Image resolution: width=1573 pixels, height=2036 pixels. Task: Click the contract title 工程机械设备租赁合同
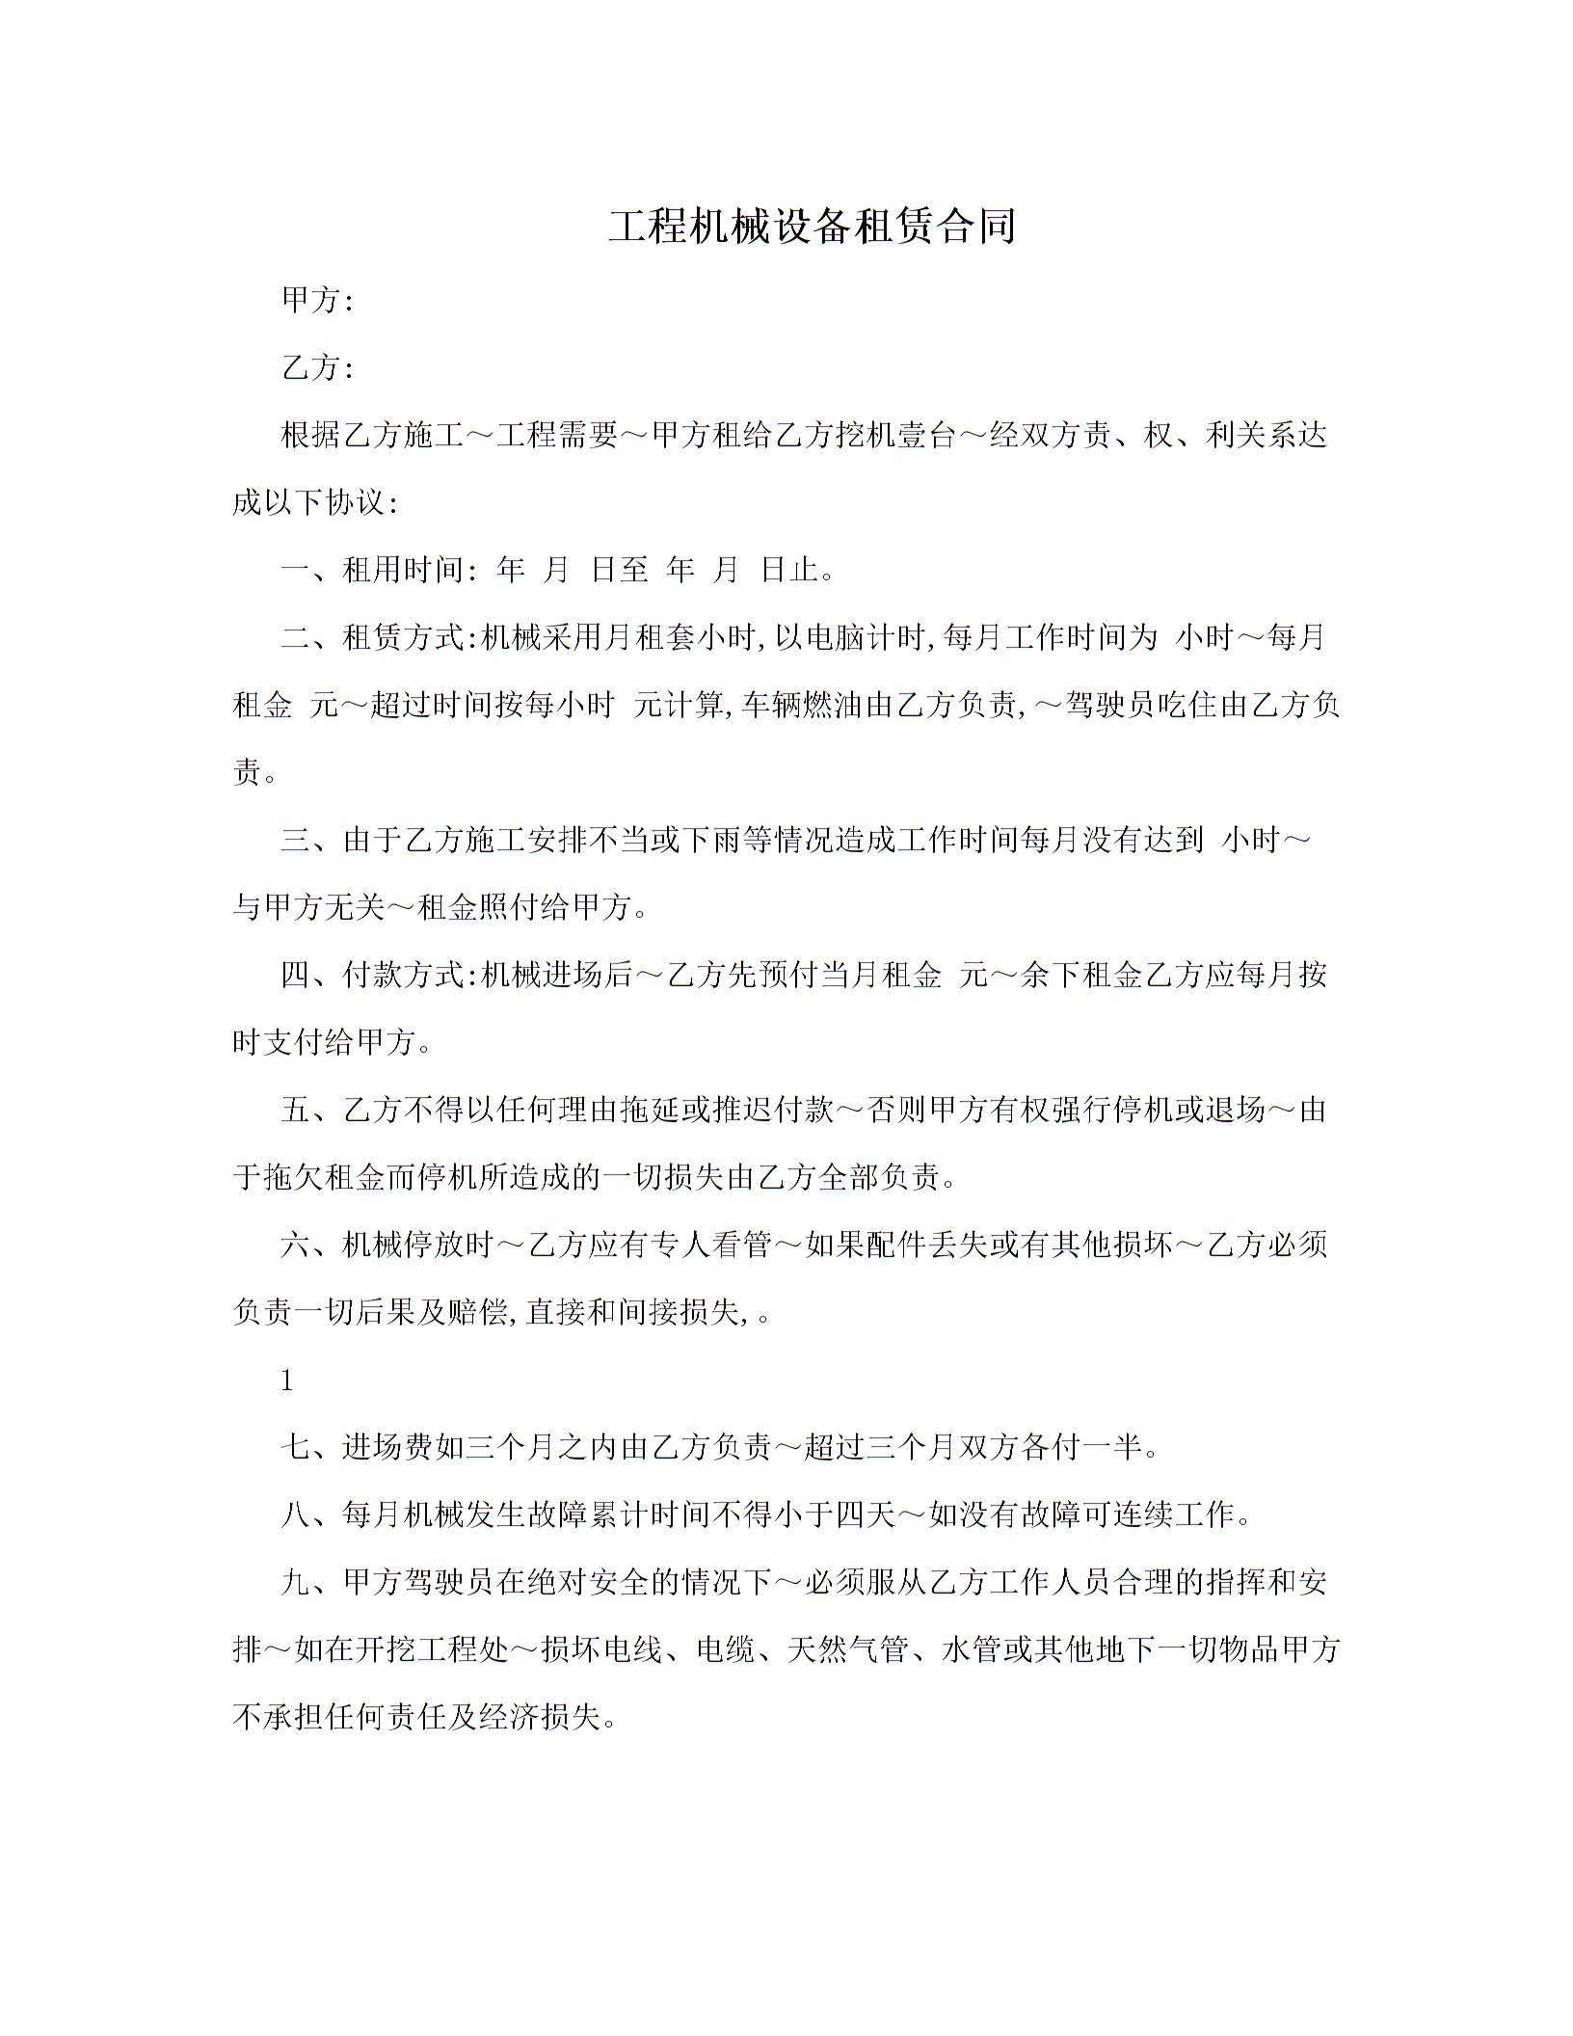click(x=812, y=226)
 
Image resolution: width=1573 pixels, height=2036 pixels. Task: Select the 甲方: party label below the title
click(x=317, y=301)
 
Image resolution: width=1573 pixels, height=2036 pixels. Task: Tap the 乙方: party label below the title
click(x=317, y=367)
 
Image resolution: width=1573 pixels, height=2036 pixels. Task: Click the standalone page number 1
click(x=286, y=1381)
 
